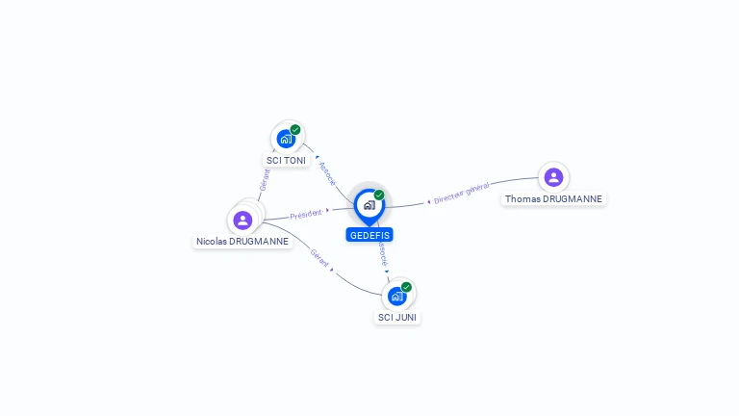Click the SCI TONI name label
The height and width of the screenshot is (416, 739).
[286, 161]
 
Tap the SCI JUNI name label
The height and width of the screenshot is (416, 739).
[397, 317]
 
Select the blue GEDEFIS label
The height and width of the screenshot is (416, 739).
[369, 235]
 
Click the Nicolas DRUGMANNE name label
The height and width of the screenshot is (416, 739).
[242, 242]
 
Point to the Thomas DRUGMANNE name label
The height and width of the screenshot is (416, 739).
[553, 199]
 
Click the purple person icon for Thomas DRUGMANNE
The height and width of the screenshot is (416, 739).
[553, 177]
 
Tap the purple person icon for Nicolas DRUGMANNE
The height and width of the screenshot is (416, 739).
[242, 220]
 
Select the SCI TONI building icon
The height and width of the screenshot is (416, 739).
[285, 139]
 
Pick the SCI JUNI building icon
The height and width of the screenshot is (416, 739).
[396, 296]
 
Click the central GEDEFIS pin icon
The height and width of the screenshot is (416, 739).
[369, 204]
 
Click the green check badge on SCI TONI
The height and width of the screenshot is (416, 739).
[295, 130]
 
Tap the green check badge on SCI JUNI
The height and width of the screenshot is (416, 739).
[406, 287]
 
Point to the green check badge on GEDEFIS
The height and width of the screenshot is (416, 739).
[379, 195]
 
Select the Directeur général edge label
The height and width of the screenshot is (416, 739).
[462, 194]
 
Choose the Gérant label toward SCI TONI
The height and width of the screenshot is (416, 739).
[265, 180]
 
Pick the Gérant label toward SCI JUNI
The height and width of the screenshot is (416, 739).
[319, 257]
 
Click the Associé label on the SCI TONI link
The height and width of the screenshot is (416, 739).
[327, 173]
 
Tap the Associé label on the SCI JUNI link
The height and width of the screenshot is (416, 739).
[383, 253]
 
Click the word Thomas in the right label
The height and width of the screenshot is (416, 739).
[522, 199]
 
